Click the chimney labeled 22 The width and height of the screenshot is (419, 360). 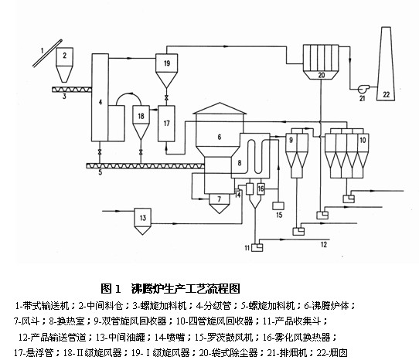(386, 63)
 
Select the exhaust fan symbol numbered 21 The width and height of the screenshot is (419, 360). (363, 88)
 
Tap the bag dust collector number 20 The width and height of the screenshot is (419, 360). (321, 62)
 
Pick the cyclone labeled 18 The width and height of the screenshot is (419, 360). (141, 122)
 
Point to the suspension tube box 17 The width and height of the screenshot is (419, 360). (166, 124)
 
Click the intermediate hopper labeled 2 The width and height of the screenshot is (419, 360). (64, 65)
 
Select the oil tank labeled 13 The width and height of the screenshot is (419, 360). (142, 221)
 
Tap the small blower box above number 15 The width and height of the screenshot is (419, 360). (278, 205)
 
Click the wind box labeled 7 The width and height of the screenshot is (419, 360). (219, 203)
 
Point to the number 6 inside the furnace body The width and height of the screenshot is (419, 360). (220, 137)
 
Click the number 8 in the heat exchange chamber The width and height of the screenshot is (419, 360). (240, 163)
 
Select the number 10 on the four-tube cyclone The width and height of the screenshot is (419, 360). (363, 140)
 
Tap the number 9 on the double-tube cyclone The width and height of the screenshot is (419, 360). (291, 140)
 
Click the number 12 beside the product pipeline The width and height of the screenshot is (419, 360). (324, 244)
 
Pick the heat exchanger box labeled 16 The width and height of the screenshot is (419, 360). (261, 188)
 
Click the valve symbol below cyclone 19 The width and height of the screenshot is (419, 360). (166, 97)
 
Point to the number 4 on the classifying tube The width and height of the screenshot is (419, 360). (100, 102)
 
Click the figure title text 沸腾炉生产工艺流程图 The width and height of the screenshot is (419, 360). (186, 289)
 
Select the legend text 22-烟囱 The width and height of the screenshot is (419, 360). (332, 353)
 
